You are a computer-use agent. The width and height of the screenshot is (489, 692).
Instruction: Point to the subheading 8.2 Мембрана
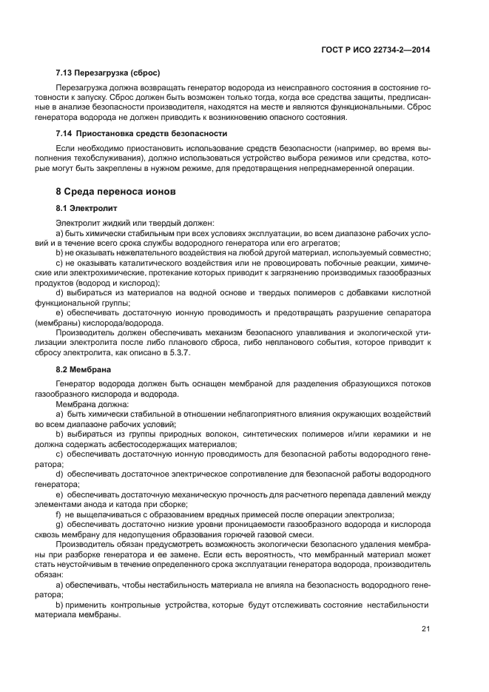(83, 369)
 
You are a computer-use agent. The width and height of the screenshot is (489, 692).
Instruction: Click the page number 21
(425, 628)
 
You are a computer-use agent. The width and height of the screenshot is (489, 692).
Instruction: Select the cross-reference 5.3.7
(201, 353)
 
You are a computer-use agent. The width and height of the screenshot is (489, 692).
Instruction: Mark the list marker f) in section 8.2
(59, 514)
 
